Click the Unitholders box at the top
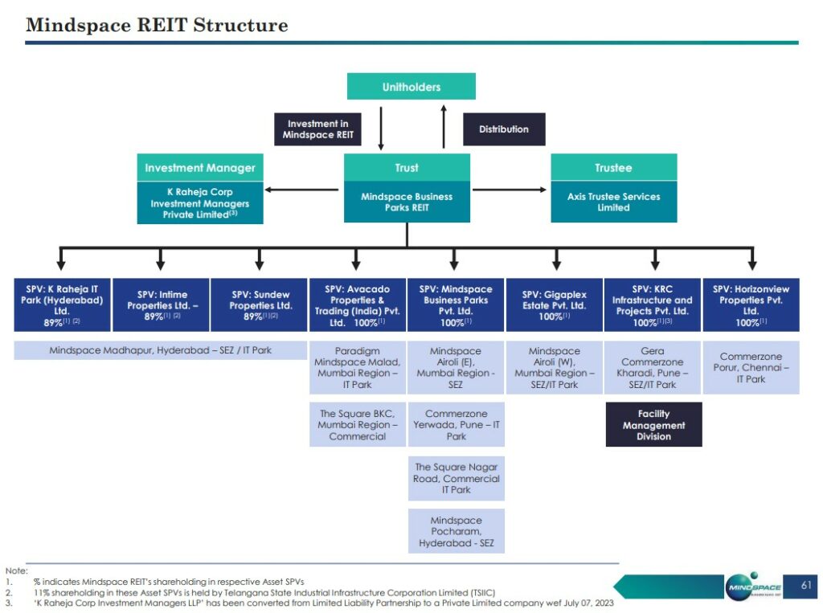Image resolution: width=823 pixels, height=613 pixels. (411, 87)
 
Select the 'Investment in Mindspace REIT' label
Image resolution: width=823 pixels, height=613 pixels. (317, 129)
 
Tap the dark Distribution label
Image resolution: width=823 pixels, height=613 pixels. (504, 129)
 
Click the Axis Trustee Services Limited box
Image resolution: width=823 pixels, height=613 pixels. (613, 202)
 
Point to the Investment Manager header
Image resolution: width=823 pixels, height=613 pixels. (200, 168)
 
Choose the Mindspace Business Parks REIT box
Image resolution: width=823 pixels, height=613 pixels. (407, 202)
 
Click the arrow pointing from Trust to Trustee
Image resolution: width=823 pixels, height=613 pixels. (510, 190)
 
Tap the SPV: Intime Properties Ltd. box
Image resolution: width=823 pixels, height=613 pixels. (161, 304)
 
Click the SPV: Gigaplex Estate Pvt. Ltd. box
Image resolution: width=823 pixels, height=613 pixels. (554, 304)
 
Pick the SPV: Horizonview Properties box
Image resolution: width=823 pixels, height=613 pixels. (751, 304)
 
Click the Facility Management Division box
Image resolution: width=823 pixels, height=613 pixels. (653, 425)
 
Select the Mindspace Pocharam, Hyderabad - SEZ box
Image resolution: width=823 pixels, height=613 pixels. (456, 532)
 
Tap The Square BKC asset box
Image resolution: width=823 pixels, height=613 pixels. (358, 425)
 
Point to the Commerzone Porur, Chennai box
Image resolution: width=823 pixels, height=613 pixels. (751, 368)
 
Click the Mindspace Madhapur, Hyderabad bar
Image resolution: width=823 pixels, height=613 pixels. (161, 350)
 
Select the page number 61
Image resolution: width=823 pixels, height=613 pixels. (806, 586)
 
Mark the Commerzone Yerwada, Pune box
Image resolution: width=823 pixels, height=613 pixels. (456, 425)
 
